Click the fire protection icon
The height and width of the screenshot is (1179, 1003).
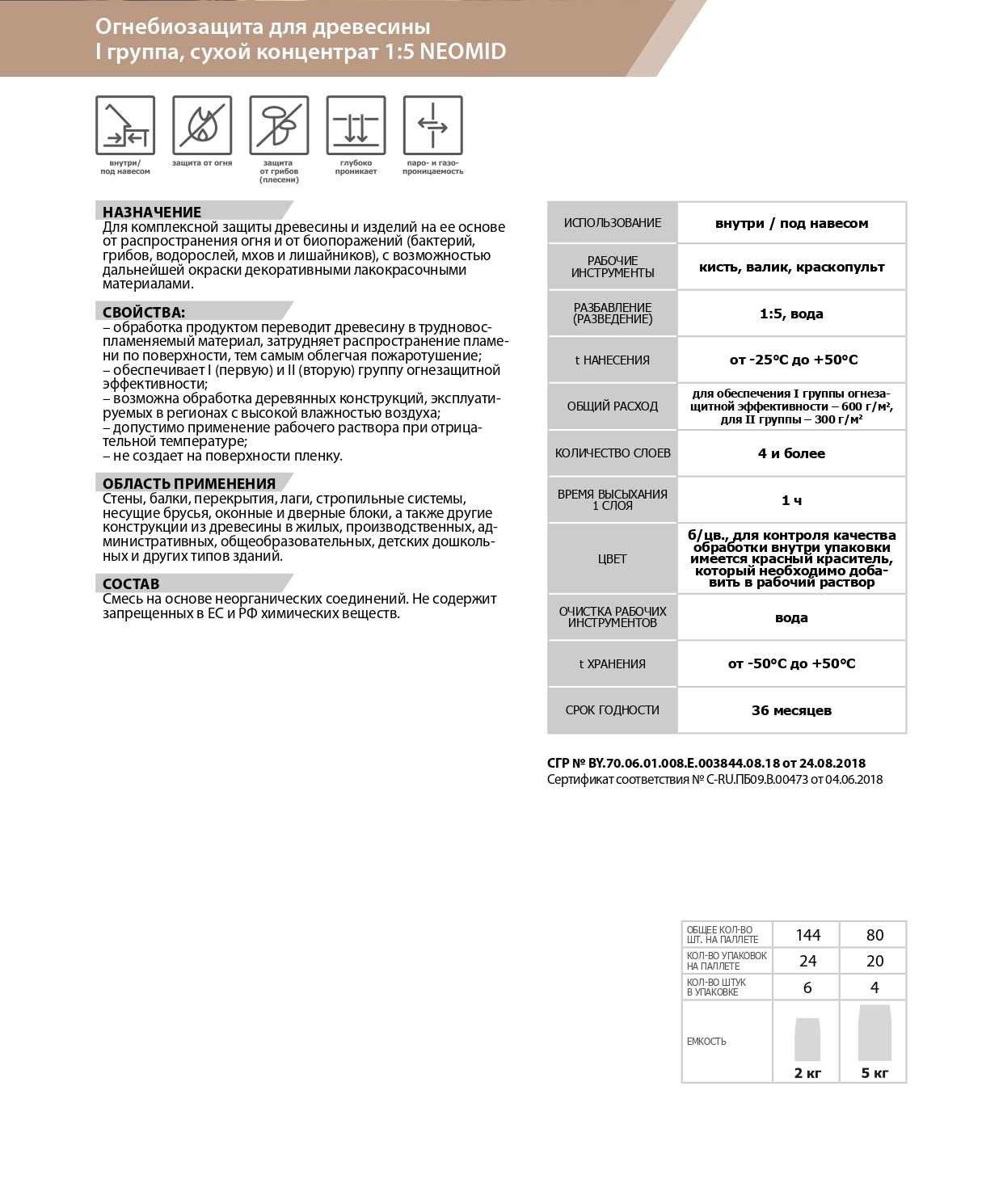point(202,124)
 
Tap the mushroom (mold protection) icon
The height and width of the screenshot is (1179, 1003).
point(279,124)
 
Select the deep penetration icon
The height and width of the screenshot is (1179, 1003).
point(356,124)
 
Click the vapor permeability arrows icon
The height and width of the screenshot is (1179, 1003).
point(432,124)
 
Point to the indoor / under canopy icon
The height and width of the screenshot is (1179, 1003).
point(125,124)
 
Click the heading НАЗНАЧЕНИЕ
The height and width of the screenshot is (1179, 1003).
point(152,213)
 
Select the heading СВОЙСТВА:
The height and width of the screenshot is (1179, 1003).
point(144,312)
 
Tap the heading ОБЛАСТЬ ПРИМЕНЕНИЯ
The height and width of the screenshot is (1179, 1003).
point(189,483)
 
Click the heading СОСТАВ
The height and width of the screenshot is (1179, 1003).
point(131,583)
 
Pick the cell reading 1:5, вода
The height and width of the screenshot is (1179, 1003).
point(791,314)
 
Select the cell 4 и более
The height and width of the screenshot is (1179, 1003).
point(791,453)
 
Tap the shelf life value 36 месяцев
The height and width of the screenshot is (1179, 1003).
point(791,710)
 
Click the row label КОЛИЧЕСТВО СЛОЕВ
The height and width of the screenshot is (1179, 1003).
point(613,453)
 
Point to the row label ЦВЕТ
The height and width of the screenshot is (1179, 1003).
point(613,558)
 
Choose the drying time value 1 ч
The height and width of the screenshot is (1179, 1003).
point(791,500)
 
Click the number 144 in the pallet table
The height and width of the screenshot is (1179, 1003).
point(807,935)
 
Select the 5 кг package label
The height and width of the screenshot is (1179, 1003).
point(874,1073)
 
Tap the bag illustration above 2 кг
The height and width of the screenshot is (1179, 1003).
point(807,1039)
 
